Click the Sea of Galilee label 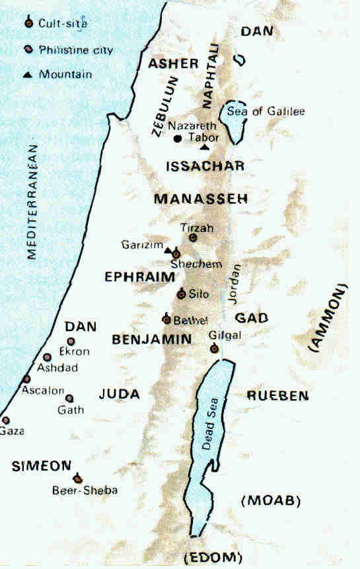266,111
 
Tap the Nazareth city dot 178,138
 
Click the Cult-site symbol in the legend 28,24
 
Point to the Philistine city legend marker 28,50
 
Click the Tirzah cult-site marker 193,237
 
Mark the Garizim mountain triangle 168,251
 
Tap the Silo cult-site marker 181,294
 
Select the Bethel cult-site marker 166,320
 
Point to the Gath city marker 69,398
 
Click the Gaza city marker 6,420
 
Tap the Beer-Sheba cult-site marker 78,478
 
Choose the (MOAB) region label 272,500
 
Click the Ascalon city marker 26,379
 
